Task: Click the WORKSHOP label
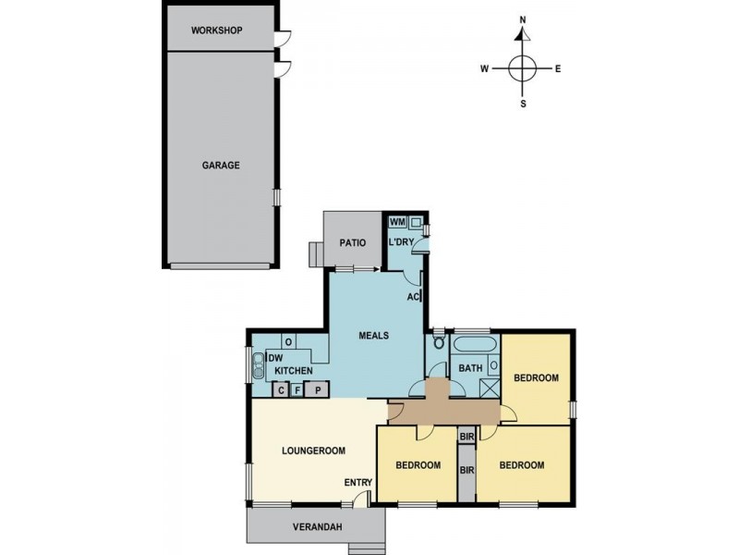pos(216,31)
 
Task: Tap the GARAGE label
pos(221,166)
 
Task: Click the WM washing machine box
pos(397,222)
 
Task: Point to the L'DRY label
pos(401,242)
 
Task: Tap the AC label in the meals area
pos(414,297)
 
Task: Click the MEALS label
pos(373,336)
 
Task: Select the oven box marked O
pos(288,342)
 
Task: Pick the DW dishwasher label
pos(274,359)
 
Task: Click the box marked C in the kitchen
pos(282,389)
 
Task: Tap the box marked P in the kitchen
pos(318,389)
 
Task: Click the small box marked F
pos(297,389)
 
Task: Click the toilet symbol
pos(439,345)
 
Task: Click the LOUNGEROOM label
pos(313,450)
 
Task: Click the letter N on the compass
pos(522,19)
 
